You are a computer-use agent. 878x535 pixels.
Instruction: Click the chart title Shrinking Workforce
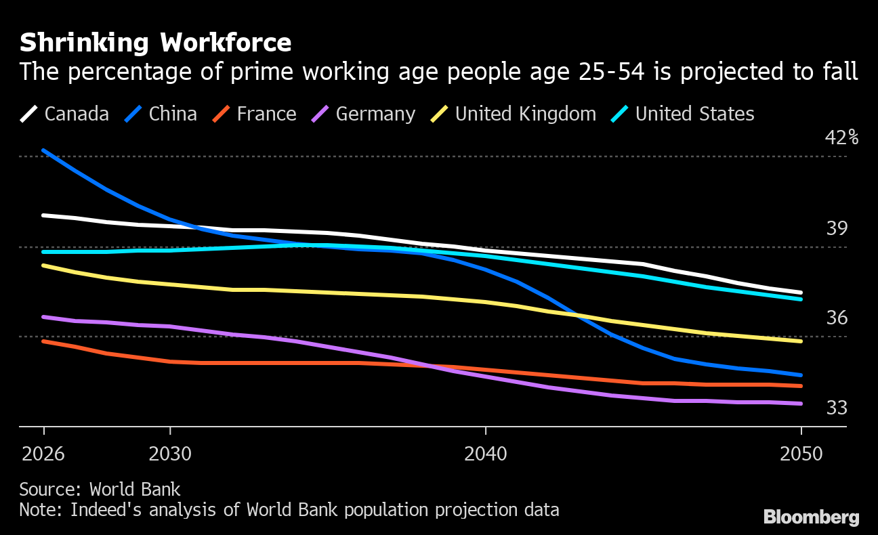click(x=155, y=43)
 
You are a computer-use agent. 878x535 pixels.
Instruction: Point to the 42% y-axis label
click(x=841, y=138)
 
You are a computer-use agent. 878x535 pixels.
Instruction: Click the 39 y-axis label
click(x=837, y=229)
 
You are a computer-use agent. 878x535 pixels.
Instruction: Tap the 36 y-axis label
click(x=837, y=318)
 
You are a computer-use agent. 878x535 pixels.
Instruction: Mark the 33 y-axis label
click(x=837, y=408)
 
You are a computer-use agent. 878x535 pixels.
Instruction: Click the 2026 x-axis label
click(x=43, y=454)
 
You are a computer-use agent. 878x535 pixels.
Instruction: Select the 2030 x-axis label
click(x=170, y=454)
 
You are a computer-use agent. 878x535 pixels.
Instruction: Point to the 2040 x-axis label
click(x=486, y=454)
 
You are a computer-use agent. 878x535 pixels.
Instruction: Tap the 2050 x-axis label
click(x=801, y=454)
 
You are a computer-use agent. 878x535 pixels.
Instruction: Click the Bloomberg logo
click(x=811, y=517)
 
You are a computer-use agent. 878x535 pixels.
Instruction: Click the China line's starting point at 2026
click(x=44, y=150)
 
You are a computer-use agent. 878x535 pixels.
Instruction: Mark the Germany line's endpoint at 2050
click(x=801, y=404)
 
